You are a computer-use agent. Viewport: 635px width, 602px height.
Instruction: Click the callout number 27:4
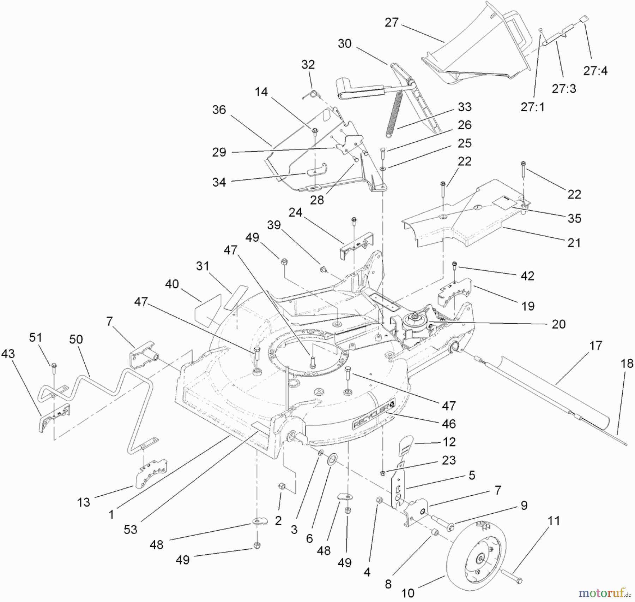click(x=595, y=71)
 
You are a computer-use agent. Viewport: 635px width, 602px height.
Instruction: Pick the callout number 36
click(x=219, y=110)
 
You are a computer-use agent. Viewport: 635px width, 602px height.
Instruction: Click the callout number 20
click(x=558, y=324)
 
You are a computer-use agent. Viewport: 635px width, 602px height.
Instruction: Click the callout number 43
click(x=8, y=354)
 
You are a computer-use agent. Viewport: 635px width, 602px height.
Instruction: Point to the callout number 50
click(x=76, y=340)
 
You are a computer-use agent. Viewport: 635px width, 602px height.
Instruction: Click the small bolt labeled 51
click(x=54, y=367)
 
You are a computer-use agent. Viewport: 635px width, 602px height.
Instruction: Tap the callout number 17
click(x=595, y=346)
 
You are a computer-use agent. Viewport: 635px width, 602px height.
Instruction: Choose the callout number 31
click(x=202, y=266)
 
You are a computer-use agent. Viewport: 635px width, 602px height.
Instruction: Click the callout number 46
click(x=449, y=424)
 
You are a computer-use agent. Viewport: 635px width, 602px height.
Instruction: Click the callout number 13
click(x=84, y=502)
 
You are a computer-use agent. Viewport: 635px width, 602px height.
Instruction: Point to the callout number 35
click(x=574, y=218)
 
